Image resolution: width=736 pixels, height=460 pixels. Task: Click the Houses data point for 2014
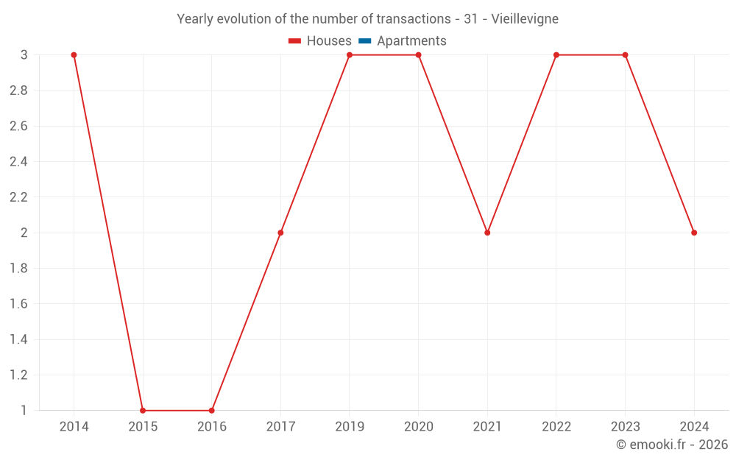[74, 55]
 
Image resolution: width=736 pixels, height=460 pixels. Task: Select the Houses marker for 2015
[143, 411]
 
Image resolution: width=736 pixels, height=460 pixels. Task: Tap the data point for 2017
[280, 233]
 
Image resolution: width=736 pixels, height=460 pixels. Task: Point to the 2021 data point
[487, 233]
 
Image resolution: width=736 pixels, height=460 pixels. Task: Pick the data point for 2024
[694, 233]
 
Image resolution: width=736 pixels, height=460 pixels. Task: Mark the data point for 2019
[350, 55]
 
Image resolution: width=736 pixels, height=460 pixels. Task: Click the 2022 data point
[556, 55]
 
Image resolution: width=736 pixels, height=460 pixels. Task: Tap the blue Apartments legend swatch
[364, 41]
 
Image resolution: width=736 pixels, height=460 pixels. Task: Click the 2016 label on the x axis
[212, 426]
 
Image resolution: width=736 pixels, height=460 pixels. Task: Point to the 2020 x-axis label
[418, 426]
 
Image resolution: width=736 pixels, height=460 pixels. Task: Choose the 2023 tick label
[625, 426]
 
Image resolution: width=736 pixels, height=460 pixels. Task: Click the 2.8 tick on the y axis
[18, 91]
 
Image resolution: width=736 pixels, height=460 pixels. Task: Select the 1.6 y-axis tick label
[18, 304]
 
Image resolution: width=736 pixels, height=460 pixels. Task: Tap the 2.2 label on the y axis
[18, 197]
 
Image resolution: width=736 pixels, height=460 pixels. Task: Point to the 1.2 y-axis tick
[18, 375]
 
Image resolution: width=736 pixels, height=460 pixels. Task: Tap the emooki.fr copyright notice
[672, 445]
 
